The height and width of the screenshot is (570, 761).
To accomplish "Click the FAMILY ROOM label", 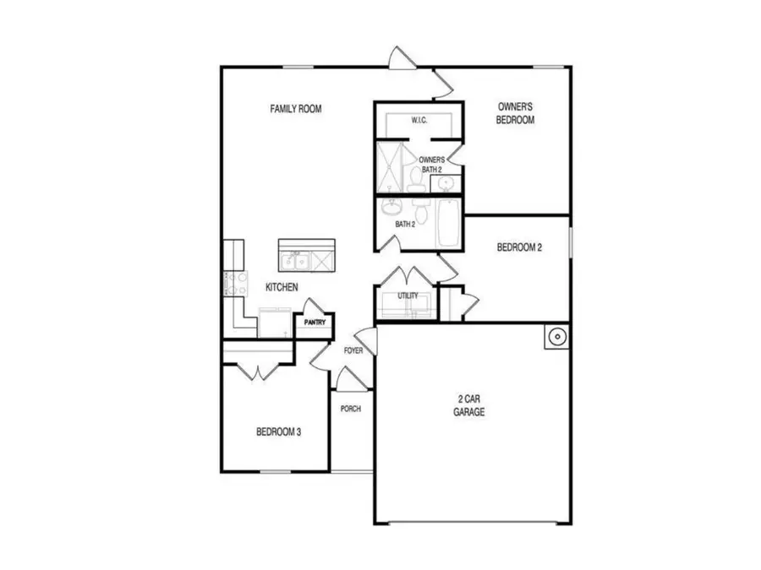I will point(296,109).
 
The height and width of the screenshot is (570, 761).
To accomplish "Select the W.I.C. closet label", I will point(419,121).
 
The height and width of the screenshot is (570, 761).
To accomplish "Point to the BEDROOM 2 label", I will point(518,247).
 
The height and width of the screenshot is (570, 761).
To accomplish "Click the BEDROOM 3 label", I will point(279,432).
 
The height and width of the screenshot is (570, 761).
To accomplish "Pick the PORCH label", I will point(350,410).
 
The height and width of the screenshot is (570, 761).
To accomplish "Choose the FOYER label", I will point(353,350).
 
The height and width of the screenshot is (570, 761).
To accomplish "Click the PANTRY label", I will point(315,322).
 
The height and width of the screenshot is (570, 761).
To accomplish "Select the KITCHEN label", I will point(282,287).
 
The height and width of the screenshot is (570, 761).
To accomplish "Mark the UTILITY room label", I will point(408,296).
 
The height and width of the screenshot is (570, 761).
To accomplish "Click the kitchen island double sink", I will point(296,259).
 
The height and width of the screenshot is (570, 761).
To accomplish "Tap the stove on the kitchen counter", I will point(234,283).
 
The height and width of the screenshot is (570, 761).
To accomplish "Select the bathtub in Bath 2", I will point(448,223).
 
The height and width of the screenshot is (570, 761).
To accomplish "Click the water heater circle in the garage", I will point(556,338).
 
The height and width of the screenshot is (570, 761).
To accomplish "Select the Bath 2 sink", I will point(392,207).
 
